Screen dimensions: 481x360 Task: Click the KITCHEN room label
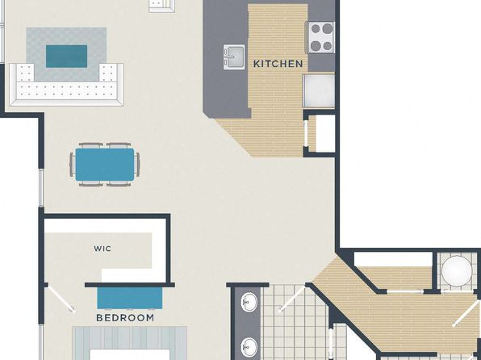tap(278, 64)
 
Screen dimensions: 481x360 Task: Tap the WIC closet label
tap(102, 249)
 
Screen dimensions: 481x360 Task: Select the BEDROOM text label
tap(125, 318)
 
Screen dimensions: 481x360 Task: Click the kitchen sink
tap(234, 57)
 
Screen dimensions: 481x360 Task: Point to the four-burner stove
tap(321, 37)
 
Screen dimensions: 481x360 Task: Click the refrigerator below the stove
tap(319, 90)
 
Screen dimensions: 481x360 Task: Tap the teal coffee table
tap(66, 57)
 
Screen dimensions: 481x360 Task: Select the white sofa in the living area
tap(66, 85)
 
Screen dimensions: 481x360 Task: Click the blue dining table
tap(105, 165)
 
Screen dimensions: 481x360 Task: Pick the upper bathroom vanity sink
tap(249, 302)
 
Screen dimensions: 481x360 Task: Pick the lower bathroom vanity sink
tap(249, 347)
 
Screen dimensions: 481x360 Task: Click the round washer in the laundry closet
tap(457, 271)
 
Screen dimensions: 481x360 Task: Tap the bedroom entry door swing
tap(61, 298)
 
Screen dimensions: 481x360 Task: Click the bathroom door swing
tap(291, 299)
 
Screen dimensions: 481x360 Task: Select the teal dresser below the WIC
tap(130, 298)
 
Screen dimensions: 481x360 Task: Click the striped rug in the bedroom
tap(130, 343)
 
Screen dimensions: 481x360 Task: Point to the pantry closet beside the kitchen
tap(320, 133)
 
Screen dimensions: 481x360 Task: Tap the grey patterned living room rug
tap(66, 54)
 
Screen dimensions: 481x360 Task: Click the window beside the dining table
tap(41, 187)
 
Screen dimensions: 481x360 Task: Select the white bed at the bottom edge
tap(130, 354)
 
